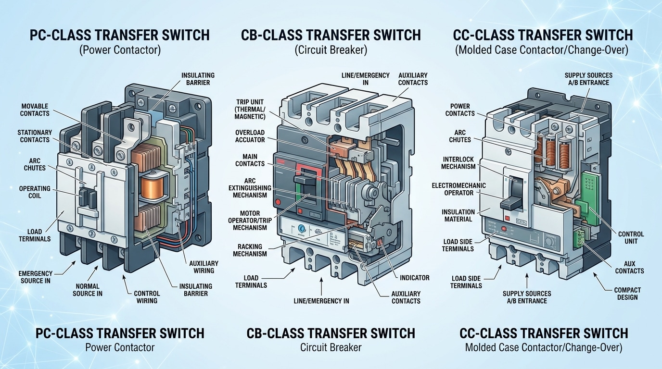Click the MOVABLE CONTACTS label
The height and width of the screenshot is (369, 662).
[35, 110]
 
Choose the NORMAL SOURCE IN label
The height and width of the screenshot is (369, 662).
[87, 290]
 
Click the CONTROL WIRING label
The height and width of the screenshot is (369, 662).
[147, 297]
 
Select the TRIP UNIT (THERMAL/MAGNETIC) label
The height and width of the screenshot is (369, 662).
[250, 109]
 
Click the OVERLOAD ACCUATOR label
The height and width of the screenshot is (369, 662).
[250, 136]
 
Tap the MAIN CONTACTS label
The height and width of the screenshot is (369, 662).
[250, 160]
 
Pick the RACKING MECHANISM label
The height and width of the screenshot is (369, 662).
[250, 250]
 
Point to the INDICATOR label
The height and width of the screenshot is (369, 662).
[414, 278]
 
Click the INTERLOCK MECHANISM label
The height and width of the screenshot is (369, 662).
[458, 163]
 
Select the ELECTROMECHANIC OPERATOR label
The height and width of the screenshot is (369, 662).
[458, 189]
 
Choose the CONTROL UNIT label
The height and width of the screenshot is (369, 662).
[631, 237]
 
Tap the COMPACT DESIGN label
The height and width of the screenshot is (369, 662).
[627, 293]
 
